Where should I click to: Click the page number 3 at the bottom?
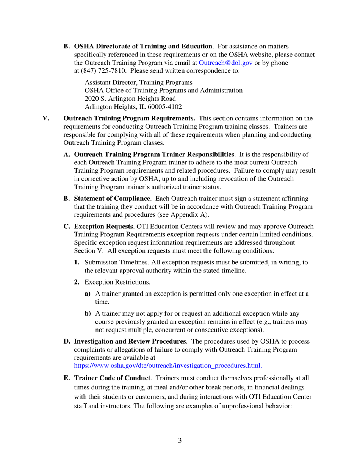(180, 440)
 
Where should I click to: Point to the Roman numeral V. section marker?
(46, 118)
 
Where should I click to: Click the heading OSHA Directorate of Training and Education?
(143, 47)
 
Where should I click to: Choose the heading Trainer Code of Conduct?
(113, 378)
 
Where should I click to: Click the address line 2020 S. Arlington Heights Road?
(131, 99)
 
